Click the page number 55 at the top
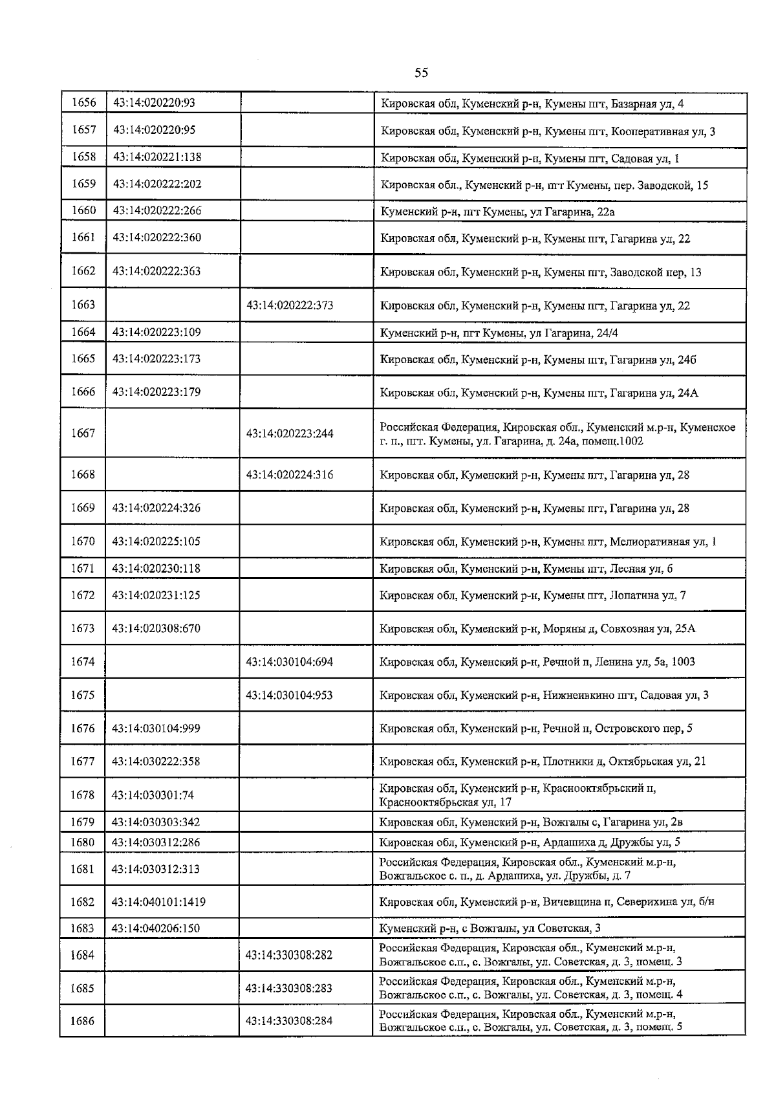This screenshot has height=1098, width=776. [x=421, y=72]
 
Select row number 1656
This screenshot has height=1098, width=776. [x=83, y=103]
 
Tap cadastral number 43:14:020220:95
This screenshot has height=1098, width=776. [x=155, y=130]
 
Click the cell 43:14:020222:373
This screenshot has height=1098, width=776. [x=290, y=305]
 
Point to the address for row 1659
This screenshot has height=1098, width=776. [x=544, y=185]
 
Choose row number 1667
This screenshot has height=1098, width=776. [x=83, y=434]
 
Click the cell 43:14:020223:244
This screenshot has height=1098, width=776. [x=290, y=434]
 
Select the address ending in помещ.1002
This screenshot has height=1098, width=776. [x=557, y=434]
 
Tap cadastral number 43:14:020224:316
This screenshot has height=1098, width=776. [x=290, y=475]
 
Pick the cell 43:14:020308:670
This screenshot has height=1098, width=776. [x=156, y=628]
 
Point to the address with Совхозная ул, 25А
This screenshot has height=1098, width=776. [x=537, y=628]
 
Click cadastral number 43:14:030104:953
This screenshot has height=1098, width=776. [x=290, y=695]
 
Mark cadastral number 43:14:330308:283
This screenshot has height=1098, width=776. [x=289, y=988]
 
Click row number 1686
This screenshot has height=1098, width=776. [x=83, y=1021]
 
